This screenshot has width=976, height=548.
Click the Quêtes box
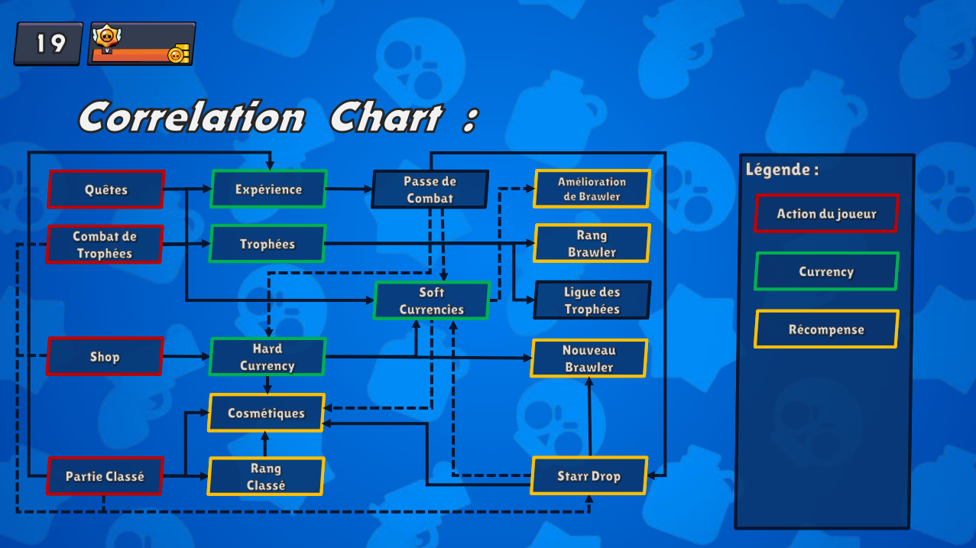106,189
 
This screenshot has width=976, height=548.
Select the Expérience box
268,189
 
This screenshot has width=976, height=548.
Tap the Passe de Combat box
430,189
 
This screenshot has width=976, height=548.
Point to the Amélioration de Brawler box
592,189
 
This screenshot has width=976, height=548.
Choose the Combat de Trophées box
105,245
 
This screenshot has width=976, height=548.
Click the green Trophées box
268,244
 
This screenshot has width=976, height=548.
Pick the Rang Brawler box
592,243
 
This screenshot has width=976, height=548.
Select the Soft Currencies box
432,300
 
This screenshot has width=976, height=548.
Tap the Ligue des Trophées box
592,300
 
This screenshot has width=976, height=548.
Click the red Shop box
105,356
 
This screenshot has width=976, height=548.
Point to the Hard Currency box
268,357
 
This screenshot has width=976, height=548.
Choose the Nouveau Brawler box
589,358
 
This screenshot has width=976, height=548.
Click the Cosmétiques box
266,413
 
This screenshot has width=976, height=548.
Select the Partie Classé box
105,476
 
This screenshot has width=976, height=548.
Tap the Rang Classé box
266,476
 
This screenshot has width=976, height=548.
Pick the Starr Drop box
589,475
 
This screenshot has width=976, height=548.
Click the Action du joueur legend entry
826,213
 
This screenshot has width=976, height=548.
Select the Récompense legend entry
826,329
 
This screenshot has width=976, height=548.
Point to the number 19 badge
48,44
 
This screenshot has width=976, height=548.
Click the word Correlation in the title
192,117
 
